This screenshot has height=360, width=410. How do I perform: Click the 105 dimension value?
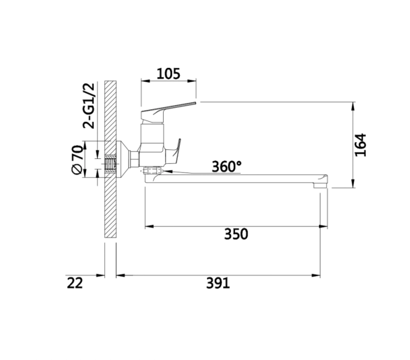(x=169, y=74)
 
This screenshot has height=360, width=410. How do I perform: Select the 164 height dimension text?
(x=360, y=145)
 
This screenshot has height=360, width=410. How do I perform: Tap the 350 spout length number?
(x=236, y=234)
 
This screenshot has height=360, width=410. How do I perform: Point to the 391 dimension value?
(x=218, y=283)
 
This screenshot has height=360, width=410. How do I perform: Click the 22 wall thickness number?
(x=75, y=283)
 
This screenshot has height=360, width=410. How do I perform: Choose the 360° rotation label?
(x=227, y=167)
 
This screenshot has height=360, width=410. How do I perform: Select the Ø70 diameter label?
(x=78, y=160)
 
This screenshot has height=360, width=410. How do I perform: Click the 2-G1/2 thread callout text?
(x=88, y=106)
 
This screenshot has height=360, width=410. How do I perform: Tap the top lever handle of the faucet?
(x=168, y=111)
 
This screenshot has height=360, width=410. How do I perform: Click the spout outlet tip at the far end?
(x=320, y=185)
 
